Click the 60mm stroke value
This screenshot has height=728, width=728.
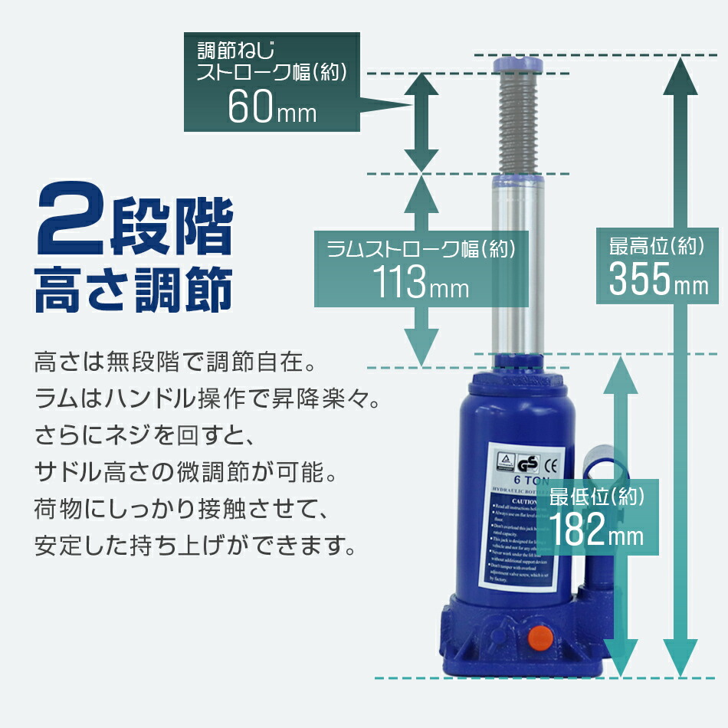(271, 109)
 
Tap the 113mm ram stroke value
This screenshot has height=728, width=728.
(421, 284)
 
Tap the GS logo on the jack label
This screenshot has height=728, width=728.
(527, 463)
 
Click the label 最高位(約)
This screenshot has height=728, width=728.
(656, 247)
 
